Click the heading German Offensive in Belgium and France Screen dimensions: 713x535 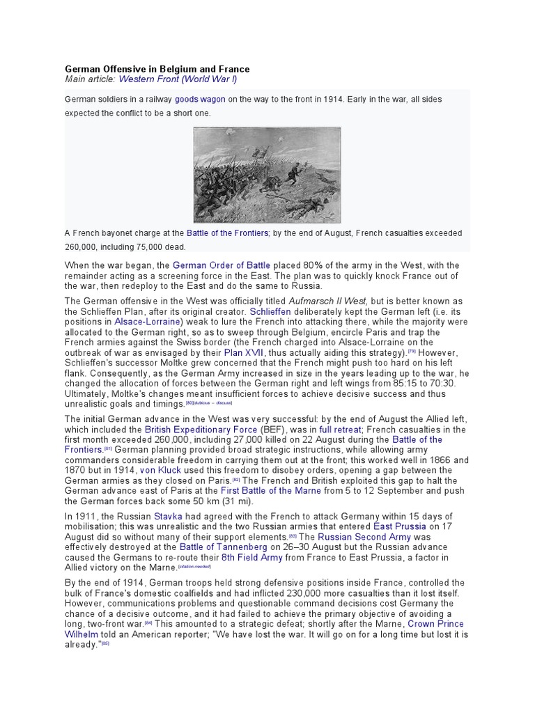pos(157,70)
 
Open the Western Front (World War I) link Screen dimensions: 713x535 pos(178,80)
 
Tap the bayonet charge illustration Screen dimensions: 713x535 pos(267,175)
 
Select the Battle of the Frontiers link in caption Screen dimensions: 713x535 pos(228,233)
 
